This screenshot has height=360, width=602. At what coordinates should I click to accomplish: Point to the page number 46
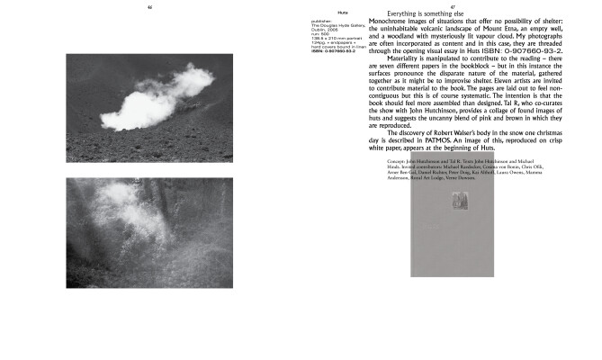click(149, 7)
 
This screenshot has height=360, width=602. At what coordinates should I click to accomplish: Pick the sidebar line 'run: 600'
click(320, 34)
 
